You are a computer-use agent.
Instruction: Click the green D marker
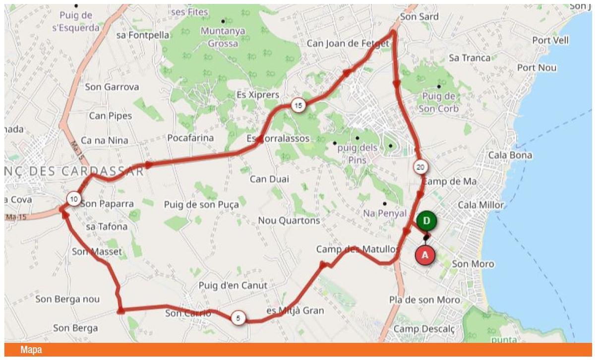coord(426,220)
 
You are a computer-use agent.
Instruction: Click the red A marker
coord(425,255)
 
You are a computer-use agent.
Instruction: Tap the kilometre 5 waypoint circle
coord(238,318)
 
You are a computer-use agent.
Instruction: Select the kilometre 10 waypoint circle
coord(74,199)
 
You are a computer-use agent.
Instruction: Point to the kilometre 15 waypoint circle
coord(298,105)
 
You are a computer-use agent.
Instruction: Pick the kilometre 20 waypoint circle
coord(420,167)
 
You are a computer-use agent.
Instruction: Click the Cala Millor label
coord(480,205)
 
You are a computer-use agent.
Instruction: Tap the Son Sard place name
coord(419,17)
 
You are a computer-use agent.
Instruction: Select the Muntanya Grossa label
coord(223,37)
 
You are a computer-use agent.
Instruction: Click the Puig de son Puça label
coord(201,204)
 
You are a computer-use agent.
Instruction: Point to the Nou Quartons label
coord(289,220)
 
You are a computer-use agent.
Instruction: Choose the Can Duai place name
coord(269,179)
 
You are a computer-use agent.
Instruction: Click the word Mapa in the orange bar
coord(31,351)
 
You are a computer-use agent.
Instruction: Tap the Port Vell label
coord(550,40)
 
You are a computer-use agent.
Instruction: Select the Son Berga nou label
coord(67,300)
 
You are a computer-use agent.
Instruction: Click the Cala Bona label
coord(510,155)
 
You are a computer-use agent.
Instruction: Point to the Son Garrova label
coord(112,87)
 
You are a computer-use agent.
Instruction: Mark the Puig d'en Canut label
coord(233,286)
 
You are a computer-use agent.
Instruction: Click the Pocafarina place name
coord(190,138)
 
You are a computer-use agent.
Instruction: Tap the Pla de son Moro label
coord(424,300)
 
